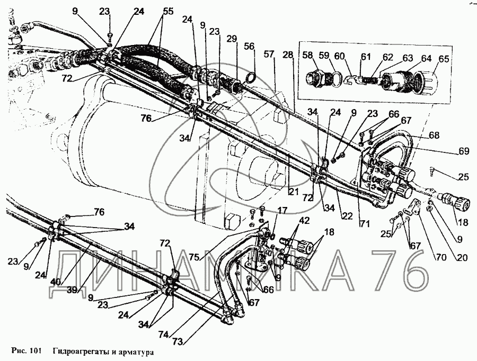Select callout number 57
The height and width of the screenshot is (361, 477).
(269, 54)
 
